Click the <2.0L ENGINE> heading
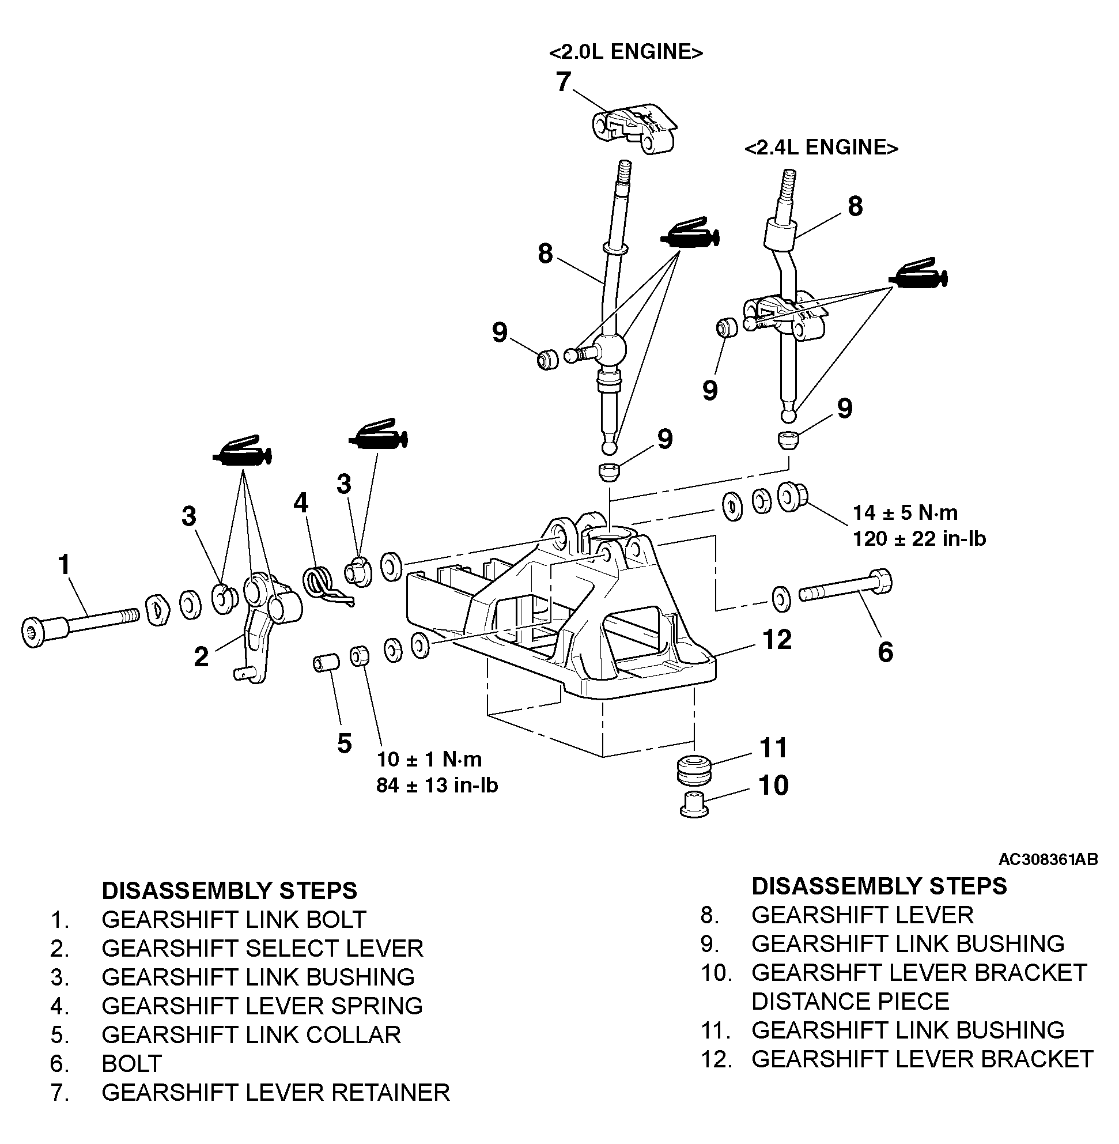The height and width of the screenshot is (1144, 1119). point(626,52)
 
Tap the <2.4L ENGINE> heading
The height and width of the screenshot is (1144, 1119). point(821,147)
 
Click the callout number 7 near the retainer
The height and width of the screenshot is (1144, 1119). point(563,82)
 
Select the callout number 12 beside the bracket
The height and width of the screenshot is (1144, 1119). point(777,640)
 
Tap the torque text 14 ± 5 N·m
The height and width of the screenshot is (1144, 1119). point(905,512)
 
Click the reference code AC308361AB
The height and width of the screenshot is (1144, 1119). point(1048,859)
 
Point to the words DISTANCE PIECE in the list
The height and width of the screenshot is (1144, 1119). point(850,1001)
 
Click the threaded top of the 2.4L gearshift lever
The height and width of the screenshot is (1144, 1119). point(787,182)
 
